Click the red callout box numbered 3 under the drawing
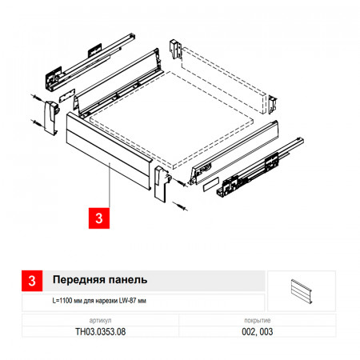(99, 218)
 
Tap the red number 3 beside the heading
(32, 281)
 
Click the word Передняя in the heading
(76, 280)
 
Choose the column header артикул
(100, 320)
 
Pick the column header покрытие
(258, 320)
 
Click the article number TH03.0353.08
(100, 332)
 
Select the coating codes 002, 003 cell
(258, 332)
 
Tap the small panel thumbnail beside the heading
(302, 291)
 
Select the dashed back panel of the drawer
(223, 80)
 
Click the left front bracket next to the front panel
(50, 118)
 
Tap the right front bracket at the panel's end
(162, 184)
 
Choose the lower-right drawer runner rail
(260, 168)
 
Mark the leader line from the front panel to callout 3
(110, 185)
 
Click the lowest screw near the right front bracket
(180, 206)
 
